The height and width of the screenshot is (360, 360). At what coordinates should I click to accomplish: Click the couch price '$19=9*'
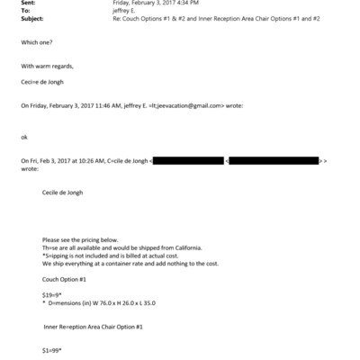(x=53, y=296)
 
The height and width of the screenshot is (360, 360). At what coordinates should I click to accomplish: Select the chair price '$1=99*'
(x=53, y=348)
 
